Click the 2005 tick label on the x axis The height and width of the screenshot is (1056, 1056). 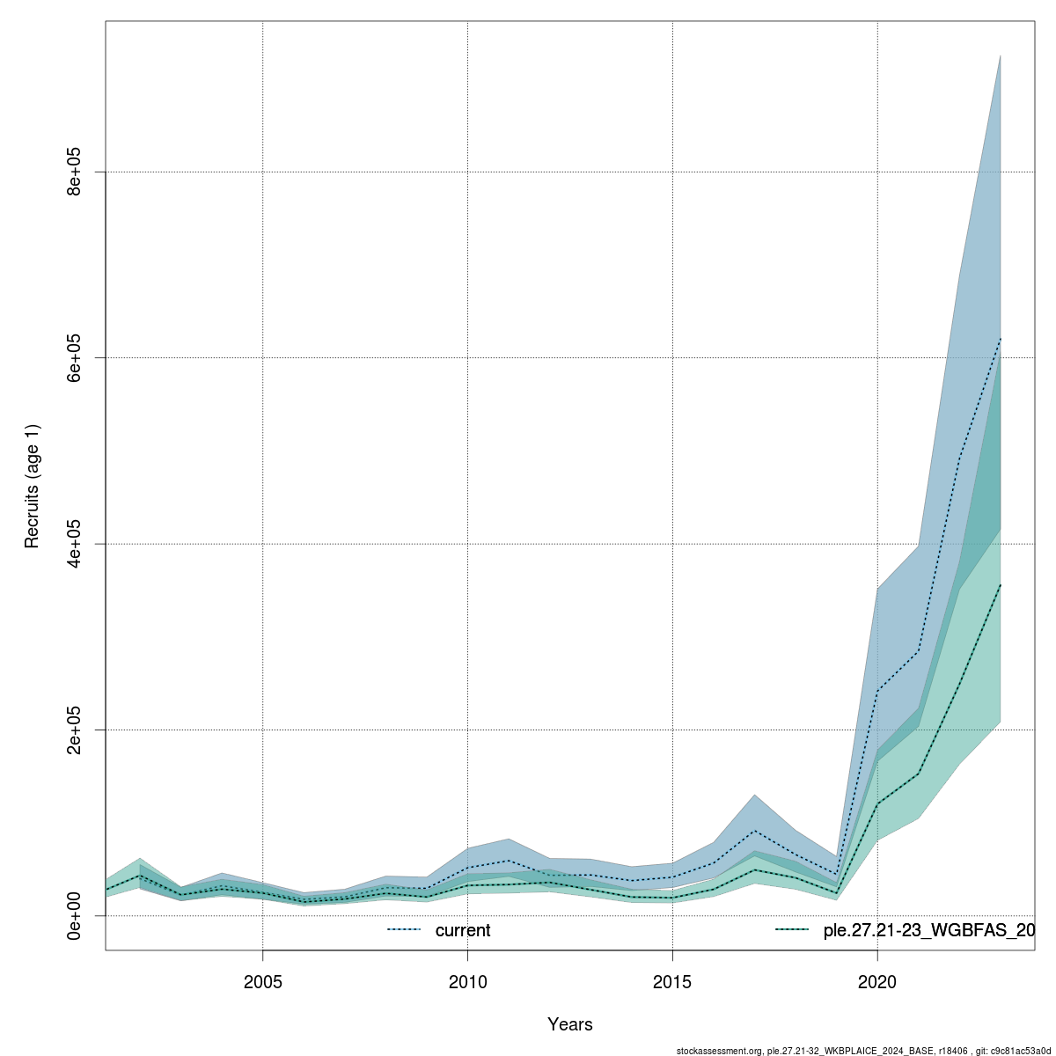click(262, 981)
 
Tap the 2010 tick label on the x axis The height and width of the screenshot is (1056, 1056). click(467, 981)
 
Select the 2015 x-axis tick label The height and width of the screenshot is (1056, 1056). click(672, 981)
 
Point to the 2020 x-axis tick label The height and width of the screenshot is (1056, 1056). click(877, 981)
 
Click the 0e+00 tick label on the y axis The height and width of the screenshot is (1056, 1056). click(76, 915)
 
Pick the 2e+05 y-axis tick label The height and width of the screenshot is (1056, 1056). click(76, 730)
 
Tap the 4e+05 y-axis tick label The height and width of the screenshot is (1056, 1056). click(76, 544)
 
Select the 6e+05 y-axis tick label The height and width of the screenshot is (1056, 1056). click(76, 357)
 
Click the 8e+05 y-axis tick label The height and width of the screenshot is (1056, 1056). click(76, 172)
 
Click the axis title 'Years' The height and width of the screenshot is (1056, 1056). click(570, 1024)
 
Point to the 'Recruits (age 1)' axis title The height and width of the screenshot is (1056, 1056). click(33, 486)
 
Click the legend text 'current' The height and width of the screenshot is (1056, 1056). click(463, 931)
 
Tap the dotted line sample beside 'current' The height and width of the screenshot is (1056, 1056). click(405, 930)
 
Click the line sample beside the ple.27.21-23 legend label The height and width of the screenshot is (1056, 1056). click(792, 930)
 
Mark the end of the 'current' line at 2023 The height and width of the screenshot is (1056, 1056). click(1001, 337)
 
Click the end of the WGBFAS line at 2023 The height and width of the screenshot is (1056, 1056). click(1001, 583)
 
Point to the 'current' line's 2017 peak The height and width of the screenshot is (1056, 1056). click(754, 831)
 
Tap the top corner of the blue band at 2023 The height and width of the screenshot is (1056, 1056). click(1001, 55)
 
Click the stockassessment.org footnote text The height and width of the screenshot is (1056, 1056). click(863, 1050)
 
